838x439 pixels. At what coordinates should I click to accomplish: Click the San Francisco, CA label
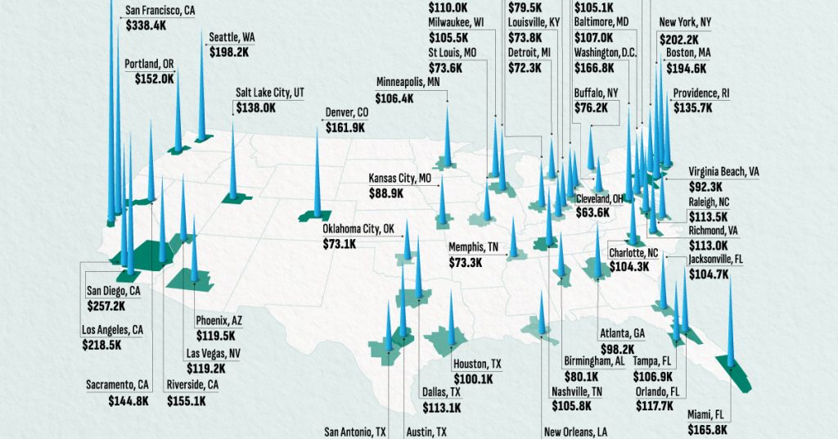[x=160, y=11]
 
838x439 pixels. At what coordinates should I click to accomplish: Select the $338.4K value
[x=149, y=25]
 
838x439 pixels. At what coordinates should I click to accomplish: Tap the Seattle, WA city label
[x=232, y=37]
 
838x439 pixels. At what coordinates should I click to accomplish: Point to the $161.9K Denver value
[x=346, y=128]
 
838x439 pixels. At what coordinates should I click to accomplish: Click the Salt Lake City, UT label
[x=270, y=93]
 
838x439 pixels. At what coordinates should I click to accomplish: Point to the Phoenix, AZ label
[x=219, y=320]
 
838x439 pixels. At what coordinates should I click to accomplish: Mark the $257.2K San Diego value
[x=106, y=305]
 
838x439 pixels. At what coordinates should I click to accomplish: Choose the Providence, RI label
[x=701, y=93]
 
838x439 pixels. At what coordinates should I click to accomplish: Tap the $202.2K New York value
[x=679, y=39]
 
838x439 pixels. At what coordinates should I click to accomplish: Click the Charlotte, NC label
[x=633, y=254]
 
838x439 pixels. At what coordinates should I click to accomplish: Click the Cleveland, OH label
[x=605, y=199]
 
